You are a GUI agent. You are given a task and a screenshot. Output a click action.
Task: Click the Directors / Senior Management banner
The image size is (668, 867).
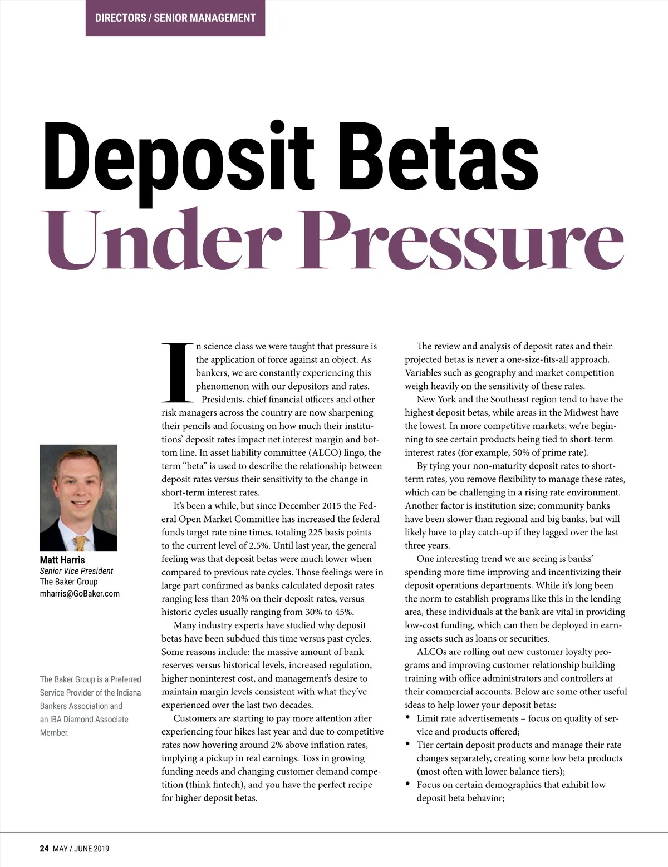pos(175,18)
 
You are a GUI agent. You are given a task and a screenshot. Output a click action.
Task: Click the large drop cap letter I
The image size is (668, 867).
pos(177,372)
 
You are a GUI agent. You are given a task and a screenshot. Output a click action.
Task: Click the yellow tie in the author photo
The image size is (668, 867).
pos(81,543)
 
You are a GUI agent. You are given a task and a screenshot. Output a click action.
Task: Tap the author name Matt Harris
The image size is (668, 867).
pos(62,560)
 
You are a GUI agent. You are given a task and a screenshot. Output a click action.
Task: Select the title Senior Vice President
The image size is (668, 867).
pos(76,571)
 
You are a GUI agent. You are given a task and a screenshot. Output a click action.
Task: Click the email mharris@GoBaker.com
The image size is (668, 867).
pos(80,593)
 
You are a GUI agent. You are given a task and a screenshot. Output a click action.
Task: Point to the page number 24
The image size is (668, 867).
pos(44,849)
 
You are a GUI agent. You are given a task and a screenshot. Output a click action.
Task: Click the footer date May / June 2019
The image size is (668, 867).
pos(81,849)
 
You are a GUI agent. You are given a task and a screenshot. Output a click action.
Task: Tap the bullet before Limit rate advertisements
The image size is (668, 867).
pos(409,718)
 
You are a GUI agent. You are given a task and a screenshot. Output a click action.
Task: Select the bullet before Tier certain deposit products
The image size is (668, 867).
pos(409,745)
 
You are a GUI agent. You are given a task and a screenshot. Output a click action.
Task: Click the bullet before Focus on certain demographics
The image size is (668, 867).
pos(409,785)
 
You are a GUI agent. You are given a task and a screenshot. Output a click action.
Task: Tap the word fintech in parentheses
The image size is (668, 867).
pos(228,785)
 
